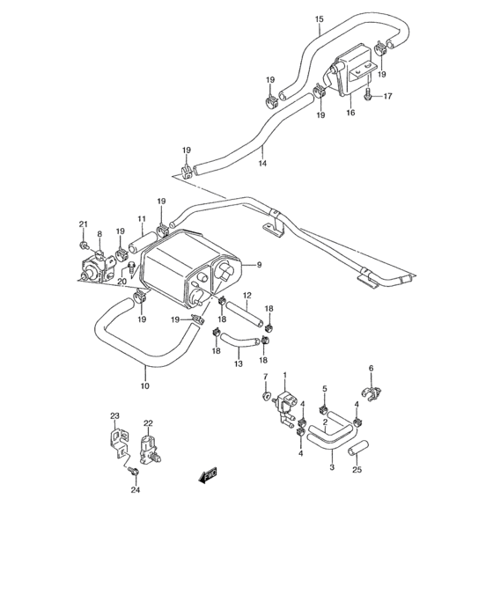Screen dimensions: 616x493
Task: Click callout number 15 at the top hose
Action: pyautogui.click(x=319, y=18)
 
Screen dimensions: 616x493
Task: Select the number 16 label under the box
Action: pyautogui.click(x=350, y=113)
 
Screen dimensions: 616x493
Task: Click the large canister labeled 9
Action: pyautogui.click(x=189, y=263)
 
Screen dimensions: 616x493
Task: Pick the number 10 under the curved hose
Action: pyautogui.click(x=145, y=385)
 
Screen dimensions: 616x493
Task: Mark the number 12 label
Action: pyautogui.click(x=247, y=295)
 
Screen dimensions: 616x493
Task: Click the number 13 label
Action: pyautogui.click(x=238, y=363)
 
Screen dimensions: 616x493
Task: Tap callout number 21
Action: pyautogui.click(x=83, y=224)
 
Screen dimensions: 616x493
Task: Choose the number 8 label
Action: pyautogui.click(x=99, y=234)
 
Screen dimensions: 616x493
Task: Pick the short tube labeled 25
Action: pyautogui.click(x=357, y=451)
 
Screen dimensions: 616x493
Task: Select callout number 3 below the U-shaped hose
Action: pyautogui.click(x=332, y=466)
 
